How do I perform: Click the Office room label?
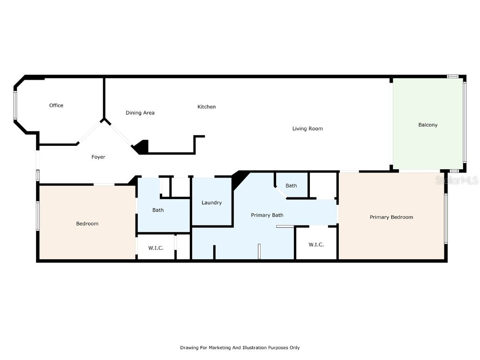[56, 105]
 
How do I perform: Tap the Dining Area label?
[140, 113]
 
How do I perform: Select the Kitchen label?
[206, 107]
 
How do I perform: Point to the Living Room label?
[307, 128]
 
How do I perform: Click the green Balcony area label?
[427, 125]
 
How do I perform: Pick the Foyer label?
[98, 157]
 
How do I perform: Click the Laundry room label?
[211, 202]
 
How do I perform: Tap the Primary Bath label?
[267, 215]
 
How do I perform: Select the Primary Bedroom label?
[391, 217]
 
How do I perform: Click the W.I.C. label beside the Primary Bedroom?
[316, 245]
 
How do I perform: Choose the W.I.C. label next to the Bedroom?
[156, 247]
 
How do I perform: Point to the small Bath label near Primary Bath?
[291, 186]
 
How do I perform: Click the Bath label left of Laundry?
[158, 210]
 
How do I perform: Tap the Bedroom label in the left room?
[87, 224]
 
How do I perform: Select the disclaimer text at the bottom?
[240, 348]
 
